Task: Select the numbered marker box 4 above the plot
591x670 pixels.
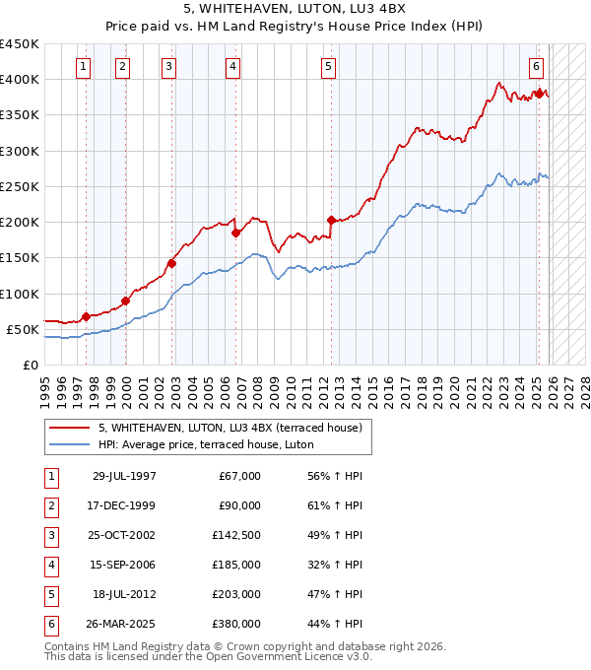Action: [232, 67]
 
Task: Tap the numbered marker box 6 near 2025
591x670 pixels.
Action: [536, 67]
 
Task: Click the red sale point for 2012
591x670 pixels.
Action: [331, 220]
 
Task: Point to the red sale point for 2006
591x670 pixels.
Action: [235, 234]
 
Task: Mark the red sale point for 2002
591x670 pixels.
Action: [171, 263]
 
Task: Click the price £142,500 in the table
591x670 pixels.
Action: [237, 534]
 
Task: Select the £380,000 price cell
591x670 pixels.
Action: [237, 623]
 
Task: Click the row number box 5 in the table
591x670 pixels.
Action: [49, 593]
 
